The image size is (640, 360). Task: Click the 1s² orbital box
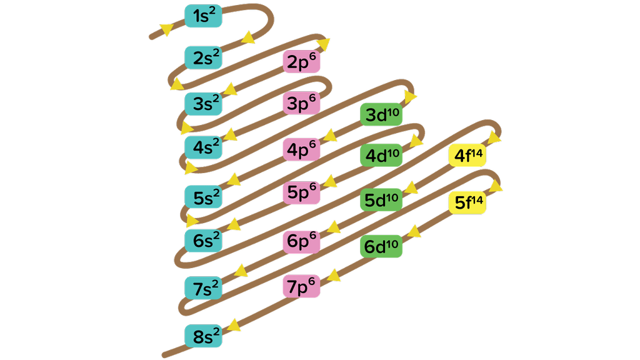[x=203, y=16]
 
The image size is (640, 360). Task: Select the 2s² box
[x=203, y=57]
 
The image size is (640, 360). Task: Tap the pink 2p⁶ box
[x=301, y=62]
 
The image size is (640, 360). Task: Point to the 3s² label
[x=203, y=103]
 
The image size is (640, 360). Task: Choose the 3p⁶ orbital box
[x=301, y=103]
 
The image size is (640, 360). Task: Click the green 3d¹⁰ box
[x=381, y=115]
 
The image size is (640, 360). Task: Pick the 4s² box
[x=203, y=147]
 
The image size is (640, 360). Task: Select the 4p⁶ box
[x=301, y=150]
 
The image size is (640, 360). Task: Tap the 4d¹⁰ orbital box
[x=381, y=155]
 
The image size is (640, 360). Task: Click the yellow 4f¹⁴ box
[x=467, y=156]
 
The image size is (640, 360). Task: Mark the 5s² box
[x=203, y=197]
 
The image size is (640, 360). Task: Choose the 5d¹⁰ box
[x=381, y=200]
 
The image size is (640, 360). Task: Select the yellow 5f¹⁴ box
[x=467, y=202]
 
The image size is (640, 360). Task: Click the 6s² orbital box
[x=203, y=239]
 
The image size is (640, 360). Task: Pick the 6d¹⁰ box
[x=381, y=246]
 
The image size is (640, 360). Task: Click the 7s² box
[x=203, y=288]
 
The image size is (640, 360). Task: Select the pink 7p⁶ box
[x=301, y=287]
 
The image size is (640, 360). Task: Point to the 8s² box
[x=203, y=336]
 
